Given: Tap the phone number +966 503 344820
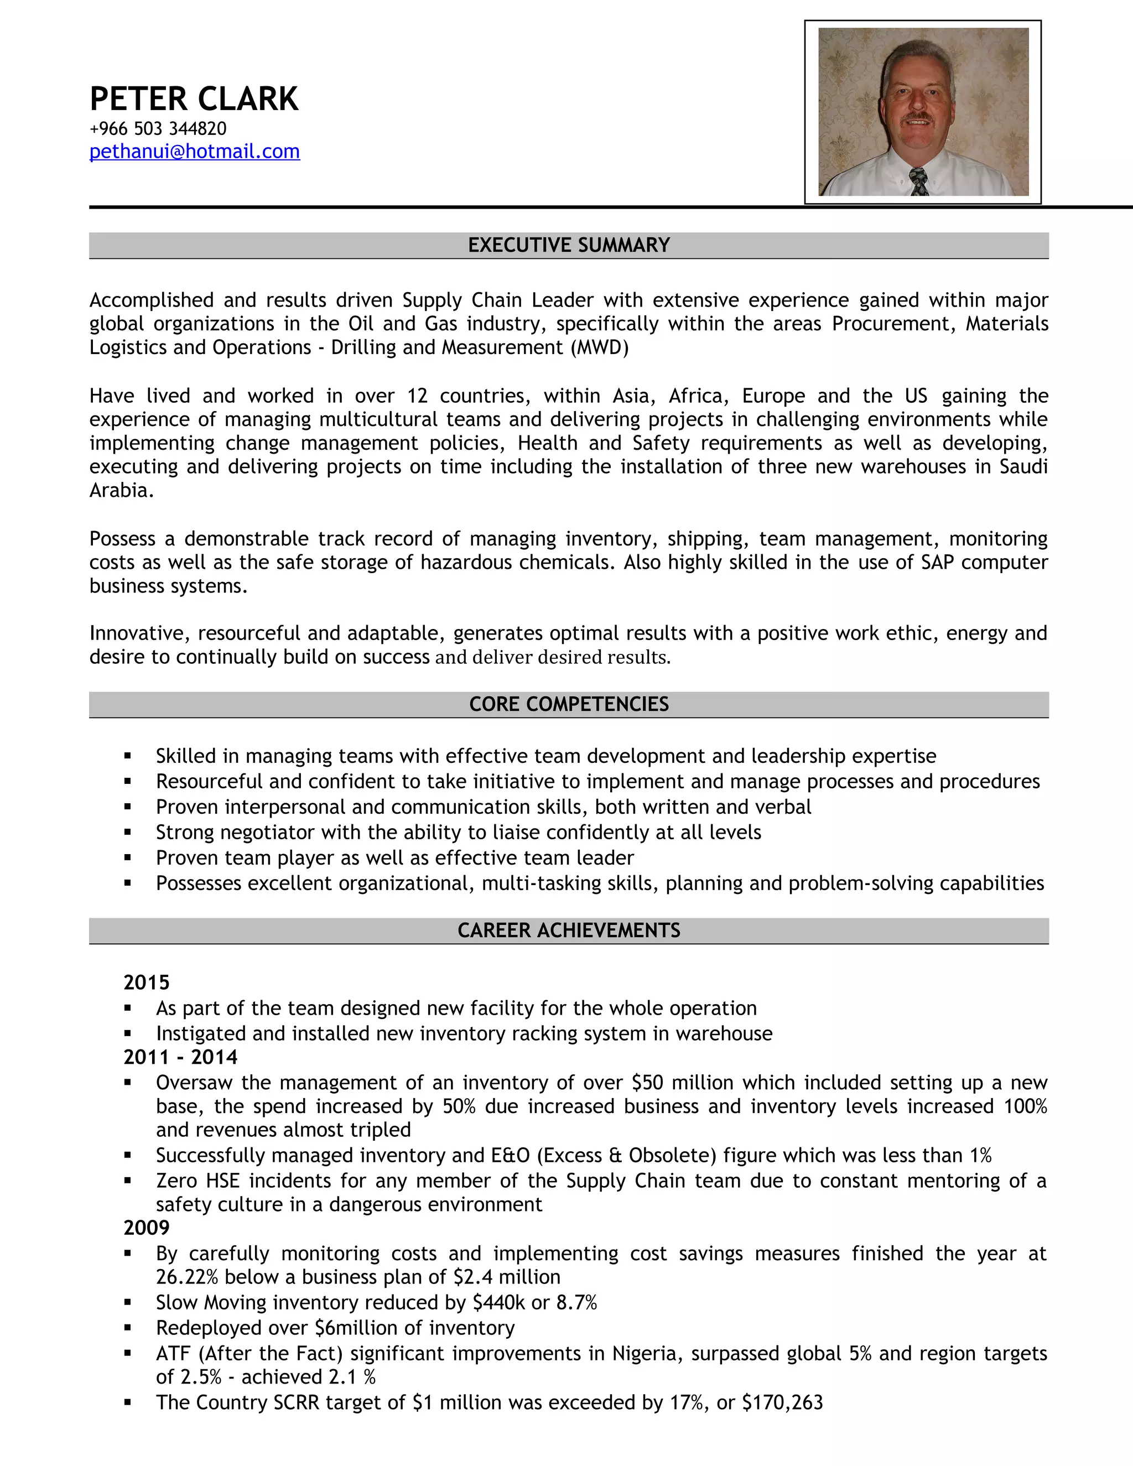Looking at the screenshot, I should tap(158, 128).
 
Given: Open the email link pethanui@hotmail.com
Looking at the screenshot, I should tap(195, 152).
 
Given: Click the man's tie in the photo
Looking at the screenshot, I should tap(919, 182).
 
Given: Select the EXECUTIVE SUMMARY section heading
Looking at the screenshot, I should tap(569, 245).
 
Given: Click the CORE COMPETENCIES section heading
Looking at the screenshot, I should tap(569, 704).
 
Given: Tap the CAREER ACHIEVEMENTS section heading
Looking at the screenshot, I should tap(569, 930).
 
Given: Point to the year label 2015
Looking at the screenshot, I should tap(146, 982).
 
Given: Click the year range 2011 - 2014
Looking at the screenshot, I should tap(180, 1057).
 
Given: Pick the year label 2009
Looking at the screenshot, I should tap(146, 1228).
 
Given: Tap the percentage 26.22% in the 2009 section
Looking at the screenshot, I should tap(188, 1277).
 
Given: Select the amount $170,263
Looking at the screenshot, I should tap(782, 1402).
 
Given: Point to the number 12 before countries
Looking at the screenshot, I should tap(417, 396).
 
